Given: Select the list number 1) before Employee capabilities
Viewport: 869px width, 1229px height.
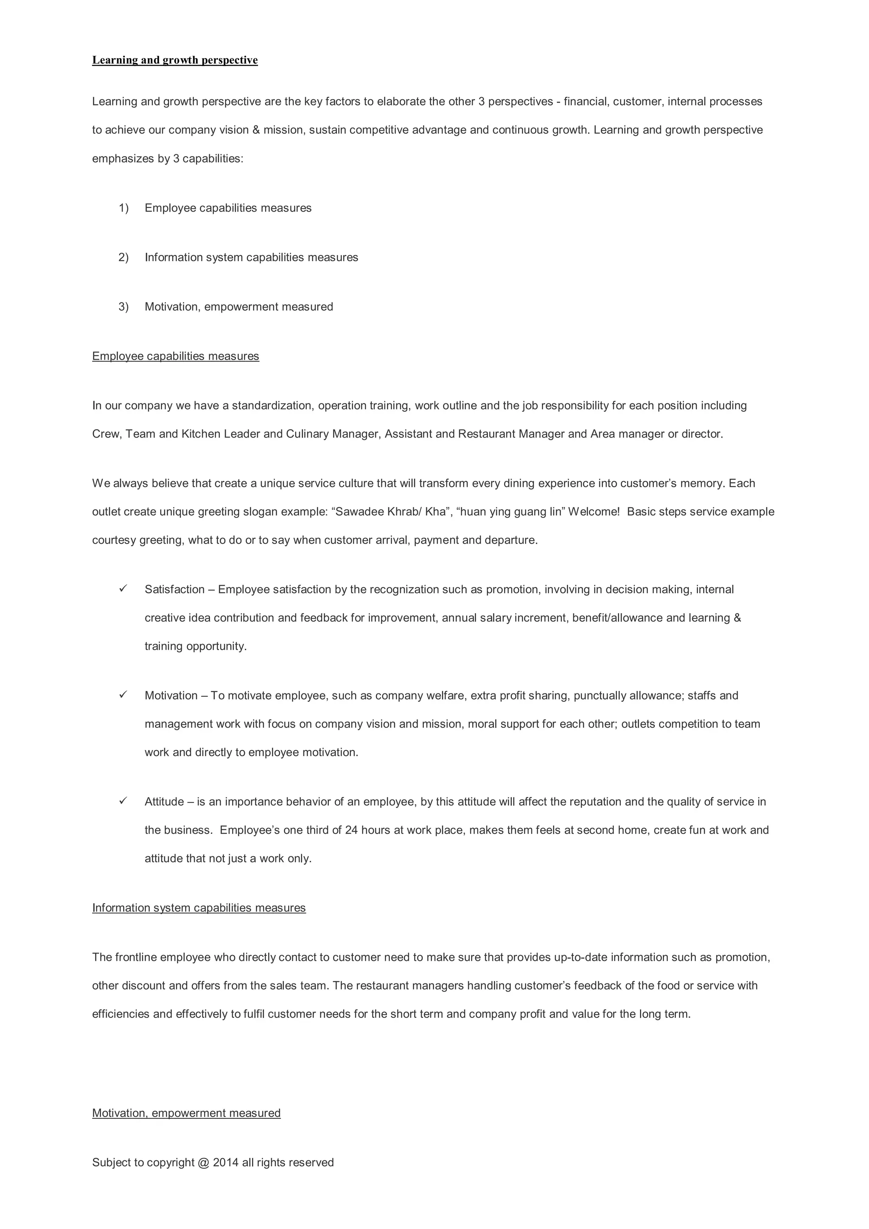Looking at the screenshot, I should tap(123, 208).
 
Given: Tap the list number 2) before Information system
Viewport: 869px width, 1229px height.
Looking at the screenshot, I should tap(123, 257).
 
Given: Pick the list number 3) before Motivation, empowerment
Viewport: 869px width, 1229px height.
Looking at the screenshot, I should tap(123, 307).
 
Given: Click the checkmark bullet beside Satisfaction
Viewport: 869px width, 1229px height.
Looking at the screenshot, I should tap(123, 589).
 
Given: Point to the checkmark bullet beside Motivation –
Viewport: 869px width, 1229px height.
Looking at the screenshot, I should tap(123, 695).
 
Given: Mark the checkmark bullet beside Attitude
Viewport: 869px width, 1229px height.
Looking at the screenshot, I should tap(123, 801).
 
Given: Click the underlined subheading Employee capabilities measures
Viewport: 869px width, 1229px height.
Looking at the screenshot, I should tap(176, 357).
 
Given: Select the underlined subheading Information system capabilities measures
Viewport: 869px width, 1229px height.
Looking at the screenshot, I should tap(199, 908).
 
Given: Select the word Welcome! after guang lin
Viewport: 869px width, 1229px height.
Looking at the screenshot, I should tap(594, 512).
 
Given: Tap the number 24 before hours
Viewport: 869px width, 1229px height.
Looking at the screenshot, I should tap(351, 830).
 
